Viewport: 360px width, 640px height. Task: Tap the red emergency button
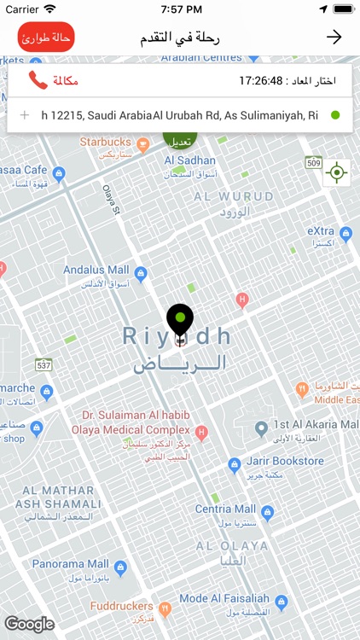pyautogui.click(x=46, y=38)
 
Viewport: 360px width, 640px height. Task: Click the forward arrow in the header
pyautogui.click(x=334, y=37)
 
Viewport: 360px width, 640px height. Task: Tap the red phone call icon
pyautogui.click(x=38, y=80)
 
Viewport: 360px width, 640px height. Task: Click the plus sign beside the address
pyautogui.click(x=24, y=115)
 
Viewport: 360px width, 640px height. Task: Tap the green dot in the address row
pyautogui.click(x=335, y=115)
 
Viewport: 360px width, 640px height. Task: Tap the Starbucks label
pyautogui.click(x=106, y=143)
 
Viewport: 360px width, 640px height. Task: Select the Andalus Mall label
pyautogui.click(x=96, y=271)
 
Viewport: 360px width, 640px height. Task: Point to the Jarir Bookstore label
pyautogui.click(x=288, y=462)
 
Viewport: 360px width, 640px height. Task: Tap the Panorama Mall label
pyautogui.click(x=71, y=564)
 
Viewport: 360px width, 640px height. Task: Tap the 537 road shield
pyautogui.click(x=44, y=365)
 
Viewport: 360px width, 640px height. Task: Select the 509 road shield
pyautogui.click(x=314, y=162)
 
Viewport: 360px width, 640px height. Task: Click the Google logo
pyautogui.click(x=29, y=625)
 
